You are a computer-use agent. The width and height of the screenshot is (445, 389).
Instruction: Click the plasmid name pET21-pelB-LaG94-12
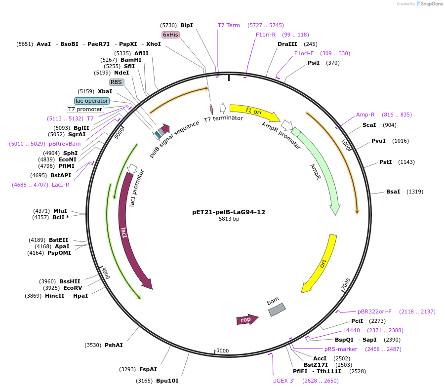coord(229,212)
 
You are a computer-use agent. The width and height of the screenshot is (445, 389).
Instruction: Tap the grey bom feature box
coord(277,310)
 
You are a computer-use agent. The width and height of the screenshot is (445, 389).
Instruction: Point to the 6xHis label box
coord(170,35)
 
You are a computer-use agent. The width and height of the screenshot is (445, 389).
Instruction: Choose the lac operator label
coord(91,101)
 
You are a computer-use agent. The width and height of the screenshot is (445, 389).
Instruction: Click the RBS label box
coord(117,82)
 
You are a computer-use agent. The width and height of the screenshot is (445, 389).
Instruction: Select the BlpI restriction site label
coord(187,25)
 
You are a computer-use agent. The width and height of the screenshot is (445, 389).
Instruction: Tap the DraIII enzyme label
coord(287,44)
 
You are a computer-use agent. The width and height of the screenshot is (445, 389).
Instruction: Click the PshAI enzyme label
coord(114,345)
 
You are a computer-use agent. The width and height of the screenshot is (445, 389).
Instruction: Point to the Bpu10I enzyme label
coord(167,381)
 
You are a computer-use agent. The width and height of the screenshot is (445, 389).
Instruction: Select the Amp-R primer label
coord(365,115)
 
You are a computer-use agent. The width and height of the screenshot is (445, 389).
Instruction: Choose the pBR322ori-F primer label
coord(374,311)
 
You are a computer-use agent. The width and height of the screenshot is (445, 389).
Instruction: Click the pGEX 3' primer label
coord(284,381)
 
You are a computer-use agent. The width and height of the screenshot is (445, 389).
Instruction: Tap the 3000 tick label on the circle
coord(223,350)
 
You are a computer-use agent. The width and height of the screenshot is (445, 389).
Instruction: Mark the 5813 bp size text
coord(229,219)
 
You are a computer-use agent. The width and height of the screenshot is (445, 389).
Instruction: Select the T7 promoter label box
coord(85,109)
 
